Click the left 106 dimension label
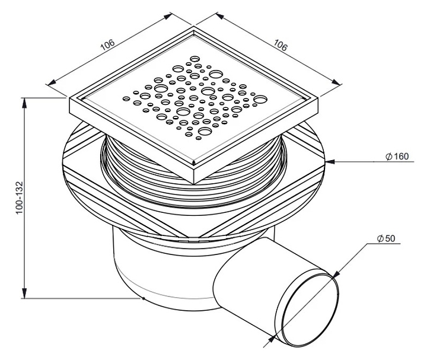coord(108,46)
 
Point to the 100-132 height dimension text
coord(20,198)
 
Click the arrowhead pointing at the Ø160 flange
coord(329,161)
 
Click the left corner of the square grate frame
coord(71,102)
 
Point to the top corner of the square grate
coord(194,28)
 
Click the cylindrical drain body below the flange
coord(142,267)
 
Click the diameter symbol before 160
coord(387,157)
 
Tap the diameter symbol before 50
coord(380,238)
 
